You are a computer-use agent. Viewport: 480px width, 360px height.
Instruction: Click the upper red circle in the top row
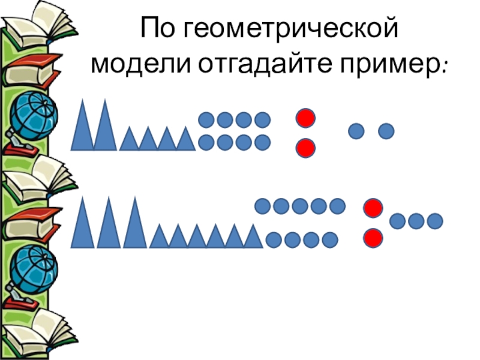305,118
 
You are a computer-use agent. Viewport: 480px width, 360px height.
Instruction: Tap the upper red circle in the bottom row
373,209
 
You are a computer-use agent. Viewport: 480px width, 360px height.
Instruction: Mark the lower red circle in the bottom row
373,238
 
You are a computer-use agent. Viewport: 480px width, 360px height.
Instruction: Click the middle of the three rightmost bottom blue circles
416,221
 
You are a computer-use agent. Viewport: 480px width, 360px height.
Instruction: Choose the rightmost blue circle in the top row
386,130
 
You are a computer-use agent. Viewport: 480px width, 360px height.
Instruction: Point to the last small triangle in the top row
186,140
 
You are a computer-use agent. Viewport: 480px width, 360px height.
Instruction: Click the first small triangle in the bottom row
159,237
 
